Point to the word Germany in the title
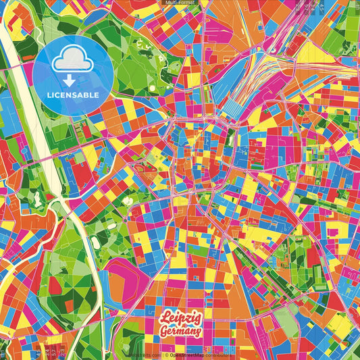(x=180, y=331)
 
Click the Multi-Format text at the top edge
(x=180, y=3)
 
